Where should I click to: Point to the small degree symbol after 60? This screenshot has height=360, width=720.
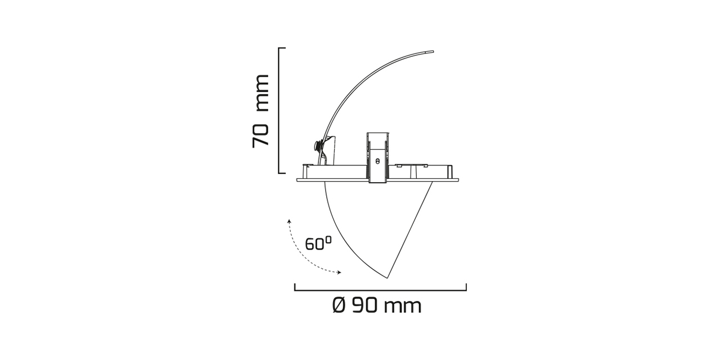click(x=328, y=239)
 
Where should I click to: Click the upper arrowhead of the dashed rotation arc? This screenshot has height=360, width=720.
click(x=289, y=221)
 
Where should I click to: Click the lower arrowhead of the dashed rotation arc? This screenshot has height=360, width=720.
click(x=339, y=273)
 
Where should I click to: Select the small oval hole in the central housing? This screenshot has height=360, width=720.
click(x=377, y=161)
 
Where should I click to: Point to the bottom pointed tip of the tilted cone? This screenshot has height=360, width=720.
click(x=388, y=277)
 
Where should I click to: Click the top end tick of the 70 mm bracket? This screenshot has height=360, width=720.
click(x=282, y=48)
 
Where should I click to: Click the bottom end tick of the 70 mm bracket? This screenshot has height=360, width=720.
click(x=282, y=173)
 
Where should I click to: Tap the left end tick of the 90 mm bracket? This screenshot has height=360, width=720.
click(x=295, y=287)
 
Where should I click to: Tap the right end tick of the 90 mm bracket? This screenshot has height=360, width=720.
click(x=466, y=287)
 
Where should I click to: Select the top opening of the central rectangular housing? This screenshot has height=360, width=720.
click(x=377, y=133)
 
